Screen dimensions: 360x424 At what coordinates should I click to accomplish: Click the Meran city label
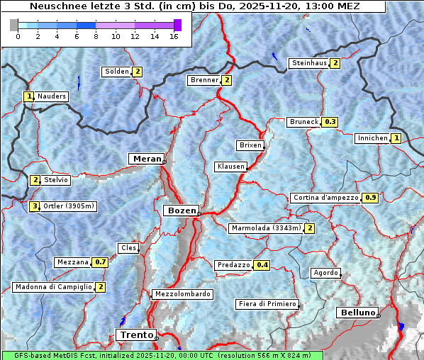click(146, 158)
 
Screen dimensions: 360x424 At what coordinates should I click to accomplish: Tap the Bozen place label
click(180, 210)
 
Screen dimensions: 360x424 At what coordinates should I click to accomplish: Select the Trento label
click(135, 334)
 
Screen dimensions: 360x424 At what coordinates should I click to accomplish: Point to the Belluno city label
click(357, 313)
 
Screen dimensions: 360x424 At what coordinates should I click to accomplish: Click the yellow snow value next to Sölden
click(138, 72)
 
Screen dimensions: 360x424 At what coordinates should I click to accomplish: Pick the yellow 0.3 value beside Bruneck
click(330, 122)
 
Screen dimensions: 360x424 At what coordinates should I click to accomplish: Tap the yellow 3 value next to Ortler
click(35, 206)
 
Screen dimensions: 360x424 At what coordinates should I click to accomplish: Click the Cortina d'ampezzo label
click(325, 198)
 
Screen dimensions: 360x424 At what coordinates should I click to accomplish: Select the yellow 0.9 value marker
click(370, 198)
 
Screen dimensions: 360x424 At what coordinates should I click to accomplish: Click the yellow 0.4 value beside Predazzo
click(262, 265)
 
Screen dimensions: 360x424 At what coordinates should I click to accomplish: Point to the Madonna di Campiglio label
click(53, 287)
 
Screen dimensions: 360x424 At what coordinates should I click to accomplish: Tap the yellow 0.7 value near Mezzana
click(101, 262)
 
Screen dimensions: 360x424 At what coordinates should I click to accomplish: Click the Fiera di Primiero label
click(267, 304)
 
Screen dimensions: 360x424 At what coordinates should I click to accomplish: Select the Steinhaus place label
click(310, 63)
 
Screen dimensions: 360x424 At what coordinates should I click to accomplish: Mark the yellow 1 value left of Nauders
click(29, 96)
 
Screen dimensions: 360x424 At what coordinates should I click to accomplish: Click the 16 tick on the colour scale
click(174, 36)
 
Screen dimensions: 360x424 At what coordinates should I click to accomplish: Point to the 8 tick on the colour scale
click(95, 36)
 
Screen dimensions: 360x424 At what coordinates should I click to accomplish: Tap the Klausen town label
click(230, 167)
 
